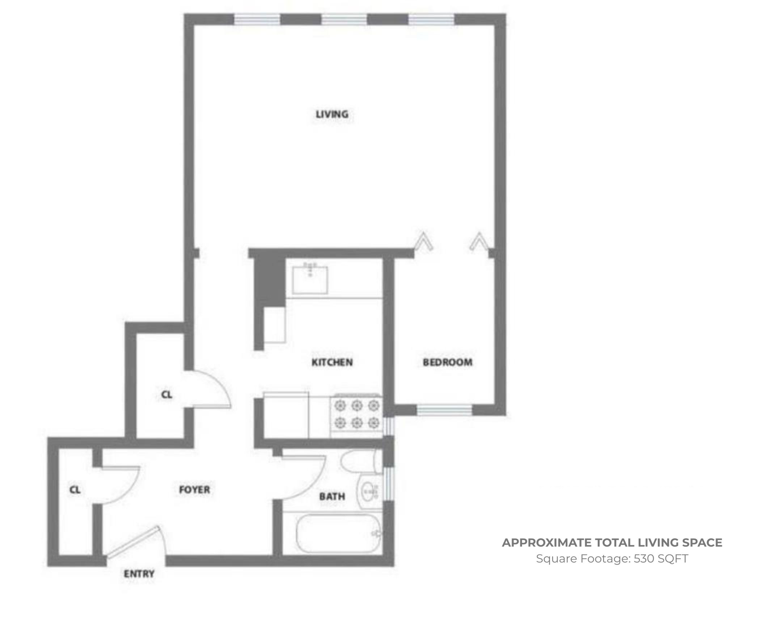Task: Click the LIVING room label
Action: click(x=332, y=114)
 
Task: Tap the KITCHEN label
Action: click(x=332, y=362)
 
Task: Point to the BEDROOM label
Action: click(x=448, y=362)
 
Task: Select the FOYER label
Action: click(x=195, y=489)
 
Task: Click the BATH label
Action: click(x=332, y=497)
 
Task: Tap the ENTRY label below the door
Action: click(x=139, y=574)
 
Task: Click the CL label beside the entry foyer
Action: click(x=75, y=490)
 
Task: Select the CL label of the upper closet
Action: click(x=167, y=395)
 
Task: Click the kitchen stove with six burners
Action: click(x=357, y=414)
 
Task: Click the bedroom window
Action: click(x=445, y=410)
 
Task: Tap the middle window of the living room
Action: click(x=344, y=19)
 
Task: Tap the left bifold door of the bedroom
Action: click(x=423, y=241)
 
